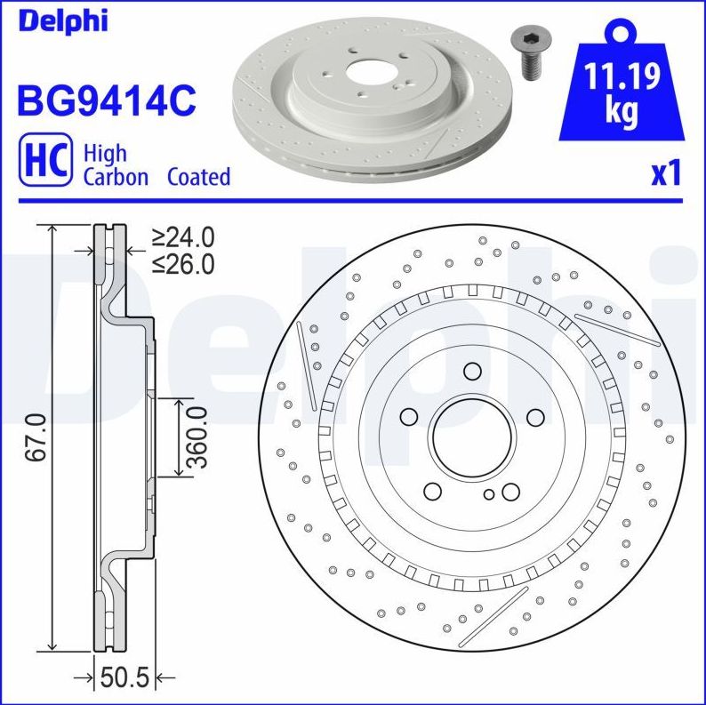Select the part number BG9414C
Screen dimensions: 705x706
[x=106, y=100]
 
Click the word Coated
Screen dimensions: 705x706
[x=198, y=176]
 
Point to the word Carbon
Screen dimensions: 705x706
[x=116, y=176]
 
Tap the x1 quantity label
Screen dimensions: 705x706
[x=666, y=173]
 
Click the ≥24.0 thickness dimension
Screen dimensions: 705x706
[x=182, y=237]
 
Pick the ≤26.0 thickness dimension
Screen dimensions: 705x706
[x=182, y=264]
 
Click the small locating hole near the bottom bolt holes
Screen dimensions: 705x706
[x=489, y=494]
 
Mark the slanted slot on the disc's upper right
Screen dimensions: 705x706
[x=615, y=328]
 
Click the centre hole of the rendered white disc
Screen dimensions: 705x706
[x=365, y=73]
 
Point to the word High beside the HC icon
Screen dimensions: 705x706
[x=104, y=153]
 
